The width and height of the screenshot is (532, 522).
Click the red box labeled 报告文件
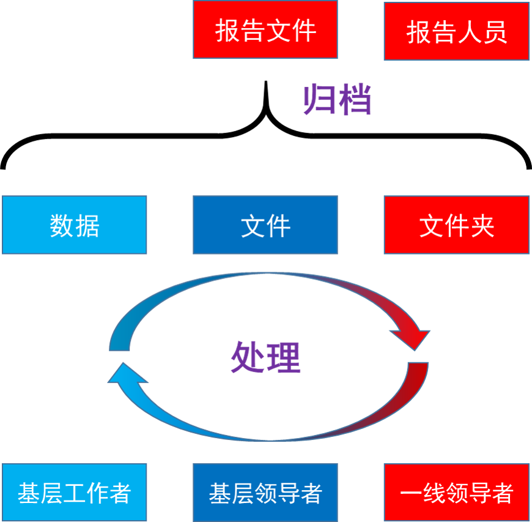(x=265, y=30)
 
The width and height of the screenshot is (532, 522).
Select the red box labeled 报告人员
(x=456, y=31)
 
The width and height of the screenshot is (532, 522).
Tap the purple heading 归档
(x=338, y=100)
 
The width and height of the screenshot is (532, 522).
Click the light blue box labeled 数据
(x=75, y=225)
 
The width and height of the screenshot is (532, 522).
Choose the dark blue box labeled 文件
(x=265, y=225)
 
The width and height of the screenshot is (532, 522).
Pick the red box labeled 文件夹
(x=456, y=225)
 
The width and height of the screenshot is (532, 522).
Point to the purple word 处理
(x=265, y=357)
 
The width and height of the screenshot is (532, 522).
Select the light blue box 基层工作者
(x=75, y=493)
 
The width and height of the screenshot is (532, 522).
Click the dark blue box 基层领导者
(x=265, y=493)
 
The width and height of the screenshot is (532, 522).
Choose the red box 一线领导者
(x=456, y=493)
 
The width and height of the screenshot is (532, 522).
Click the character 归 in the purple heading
(x=320, y=100)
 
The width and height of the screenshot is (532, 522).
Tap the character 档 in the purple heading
(x=355, y=100)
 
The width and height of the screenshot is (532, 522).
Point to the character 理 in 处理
(x=283, y=357)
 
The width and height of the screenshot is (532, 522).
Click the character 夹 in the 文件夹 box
(x=482, y=226)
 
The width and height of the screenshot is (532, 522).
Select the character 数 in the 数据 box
(x=62, y=226)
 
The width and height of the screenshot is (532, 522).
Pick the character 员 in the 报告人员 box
(x=495, y=32)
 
